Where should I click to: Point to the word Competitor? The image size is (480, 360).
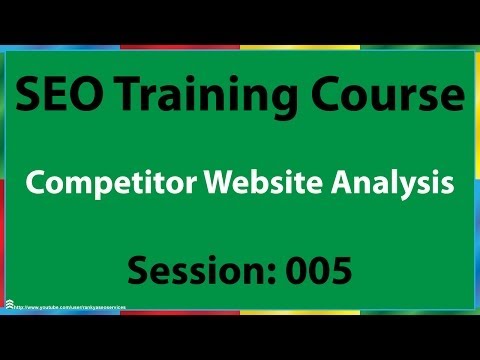[x=112, y=186]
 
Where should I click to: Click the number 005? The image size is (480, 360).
[x=319, y=270]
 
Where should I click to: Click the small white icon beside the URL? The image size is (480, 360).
[x=8, y=305]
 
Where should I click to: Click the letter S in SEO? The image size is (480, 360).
[x=30, y=98]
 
